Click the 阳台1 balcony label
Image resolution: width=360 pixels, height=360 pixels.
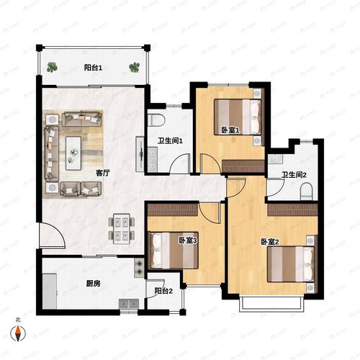pos(93,68)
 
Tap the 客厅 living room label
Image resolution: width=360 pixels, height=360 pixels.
pos(103,173)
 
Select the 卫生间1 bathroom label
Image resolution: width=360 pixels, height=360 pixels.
pos(170,140)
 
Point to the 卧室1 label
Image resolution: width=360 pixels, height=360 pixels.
pos(230,130)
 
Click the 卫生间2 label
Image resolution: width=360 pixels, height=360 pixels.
pos(294,175)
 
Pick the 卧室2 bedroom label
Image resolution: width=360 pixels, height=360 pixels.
pos(270,242)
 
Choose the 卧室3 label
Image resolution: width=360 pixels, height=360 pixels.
pos(188,240)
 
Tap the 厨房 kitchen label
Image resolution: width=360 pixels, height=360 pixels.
pos(94,284)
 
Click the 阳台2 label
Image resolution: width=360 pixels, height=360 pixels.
pos(163,291)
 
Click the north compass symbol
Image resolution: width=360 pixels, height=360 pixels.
pos(18,333)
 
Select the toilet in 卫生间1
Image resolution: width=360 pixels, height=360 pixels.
pos(156,120)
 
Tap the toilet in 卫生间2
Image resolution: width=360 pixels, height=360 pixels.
pos(306,192)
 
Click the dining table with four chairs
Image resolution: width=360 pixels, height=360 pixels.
pos(122,229)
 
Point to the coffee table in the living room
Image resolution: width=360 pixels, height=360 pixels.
pos(73,153)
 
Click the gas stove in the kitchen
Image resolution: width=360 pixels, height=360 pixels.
pos(139,268)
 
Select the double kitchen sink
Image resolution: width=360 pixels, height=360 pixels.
pos(129,304)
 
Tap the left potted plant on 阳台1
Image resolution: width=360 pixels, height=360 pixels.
pos(52,67)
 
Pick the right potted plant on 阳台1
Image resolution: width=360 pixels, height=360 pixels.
pos(135,68)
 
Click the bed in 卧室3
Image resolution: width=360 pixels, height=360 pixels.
pos(174,250)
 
